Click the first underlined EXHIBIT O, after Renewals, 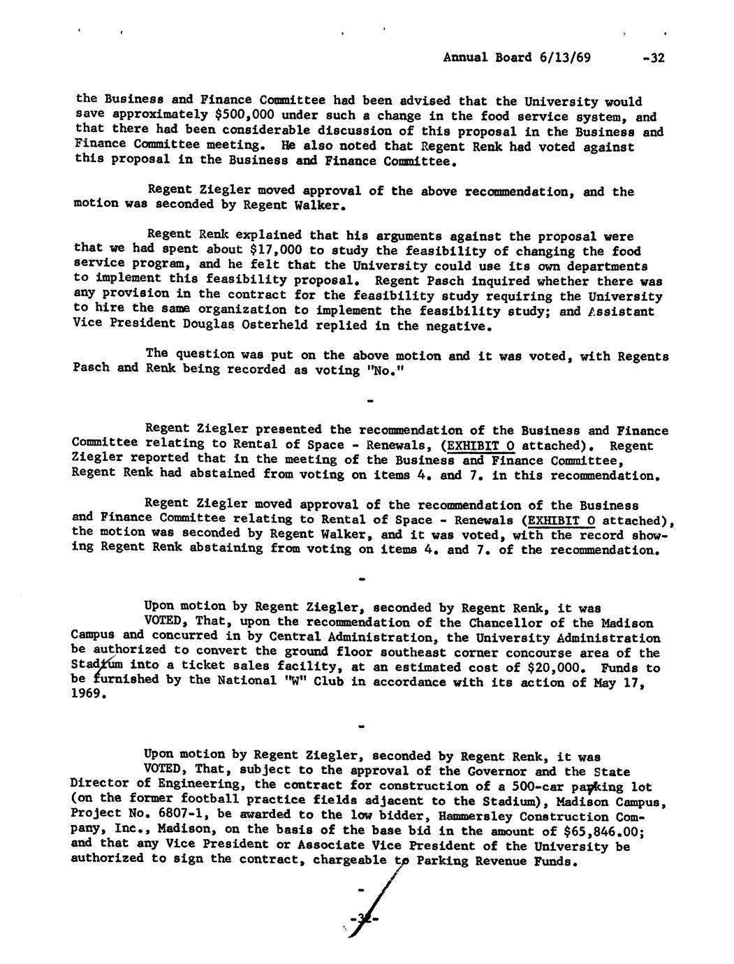[485, 445]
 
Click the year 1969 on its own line [87, 696]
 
